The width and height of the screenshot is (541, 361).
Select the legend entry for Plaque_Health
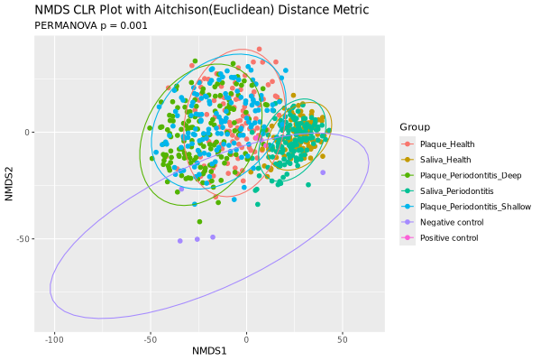tap(447, 143)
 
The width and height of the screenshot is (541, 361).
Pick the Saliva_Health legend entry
tap(446, 160)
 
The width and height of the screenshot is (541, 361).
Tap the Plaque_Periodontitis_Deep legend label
tap(469, 175)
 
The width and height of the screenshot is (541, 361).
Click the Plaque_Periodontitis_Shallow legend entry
tap(472, 207)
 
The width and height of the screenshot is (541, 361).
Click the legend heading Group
tap(416, 126)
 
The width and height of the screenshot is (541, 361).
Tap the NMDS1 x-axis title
tap(209, 350)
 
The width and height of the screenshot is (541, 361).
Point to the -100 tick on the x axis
tap(54, 339)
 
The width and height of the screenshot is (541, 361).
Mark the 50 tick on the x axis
tap(342, 339)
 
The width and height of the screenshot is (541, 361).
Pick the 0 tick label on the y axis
tap(28, 133)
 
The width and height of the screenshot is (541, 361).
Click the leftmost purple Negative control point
tap(180, 241)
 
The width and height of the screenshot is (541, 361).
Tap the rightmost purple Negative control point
tap(323, 172)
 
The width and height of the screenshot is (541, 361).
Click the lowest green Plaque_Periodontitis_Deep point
tap(198, 222)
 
